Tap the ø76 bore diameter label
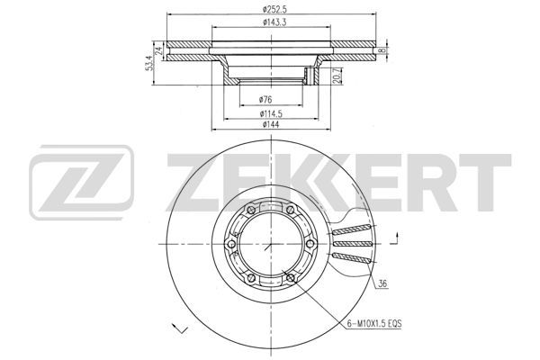[x=265, y=100]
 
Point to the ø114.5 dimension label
[x=272, y=113]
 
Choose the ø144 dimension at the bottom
[x=271, y=124]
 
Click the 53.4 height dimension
[x=149, y=63]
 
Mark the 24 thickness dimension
[x=158, y=51]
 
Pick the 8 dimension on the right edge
[x=381, y=50]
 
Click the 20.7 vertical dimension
[x=337, y=76]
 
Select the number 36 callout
[x=382, y=284]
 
